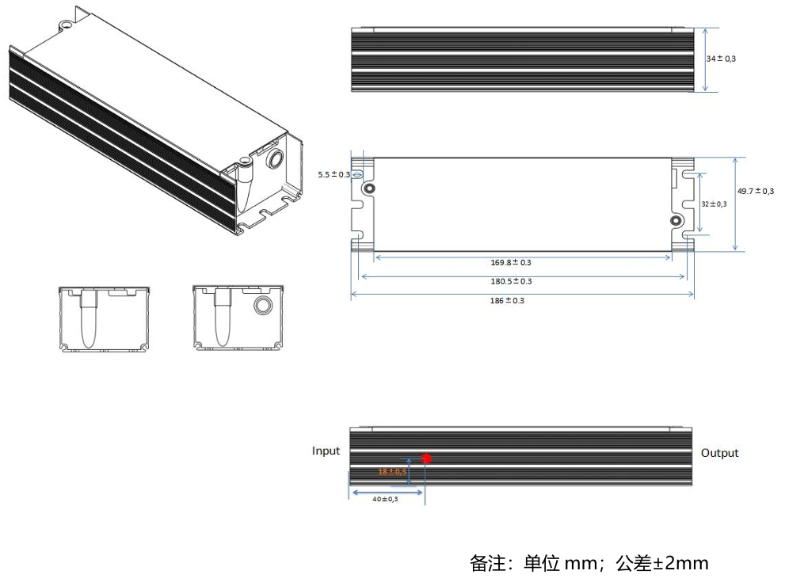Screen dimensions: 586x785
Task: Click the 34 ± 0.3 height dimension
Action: tap(722, 59)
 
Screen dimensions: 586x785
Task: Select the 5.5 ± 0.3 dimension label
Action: tap(333, 174)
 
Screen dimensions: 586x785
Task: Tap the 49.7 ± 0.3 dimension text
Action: tap(755, 191)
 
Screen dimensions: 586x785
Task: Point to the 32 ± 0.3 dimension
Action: tap(714, 204)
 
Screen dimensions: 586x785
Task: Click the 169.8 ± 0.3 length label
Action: tap(511, 262)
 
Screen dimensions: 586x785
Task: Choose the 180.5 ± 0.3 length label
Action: tap(511, 281)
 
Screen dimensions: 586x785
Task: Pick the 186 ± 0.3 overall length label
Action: tap(507, 300)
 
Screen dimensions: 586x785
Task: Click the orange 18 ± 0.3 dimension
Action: tap(392, 471)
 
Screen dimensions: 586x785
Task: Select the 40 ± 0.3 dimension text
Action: tap(386, 499)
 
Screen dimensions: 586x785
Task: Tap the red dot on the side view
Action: tap(426, 459)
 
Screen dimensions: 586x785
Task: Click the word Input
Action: tap(326, 451)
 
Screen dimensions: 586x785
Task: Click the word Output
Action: tap(719, 453)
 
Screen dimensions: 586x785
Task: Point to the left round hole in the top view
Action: tap(369, 189)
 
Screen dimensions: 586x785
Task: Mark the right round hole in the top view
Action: tap(676, 221)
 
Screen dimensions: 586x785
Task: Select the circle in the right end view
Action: tap(263, 306)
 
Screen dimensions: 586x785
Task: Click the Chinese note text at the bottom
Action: tap(589, 564)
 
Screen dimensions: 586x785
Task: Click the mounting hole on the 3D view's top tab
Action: tap(66, 24)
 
